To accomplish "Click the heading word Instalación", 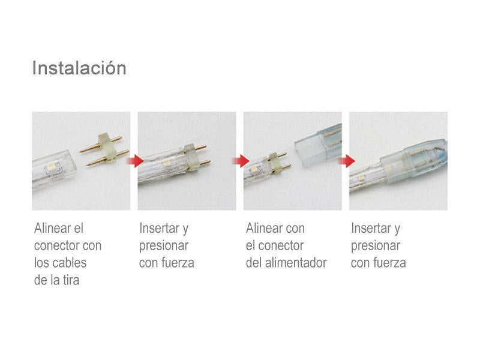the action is [79, 68].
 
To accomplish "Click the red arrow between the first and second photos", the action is [134, 160].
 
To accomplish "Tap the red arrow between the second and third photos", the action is [241, 160].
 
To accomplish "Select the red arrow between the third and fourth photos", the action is [346, 160].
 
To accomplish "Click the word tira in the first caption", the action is [71, 280].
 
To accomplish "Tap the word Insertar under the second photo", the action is [159, 228].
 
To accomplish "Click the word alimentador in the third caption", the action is [296, 263].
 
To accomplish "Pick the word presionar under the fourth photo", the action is [376, 246].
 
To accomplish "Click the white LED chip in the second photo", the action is [167, 163].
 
